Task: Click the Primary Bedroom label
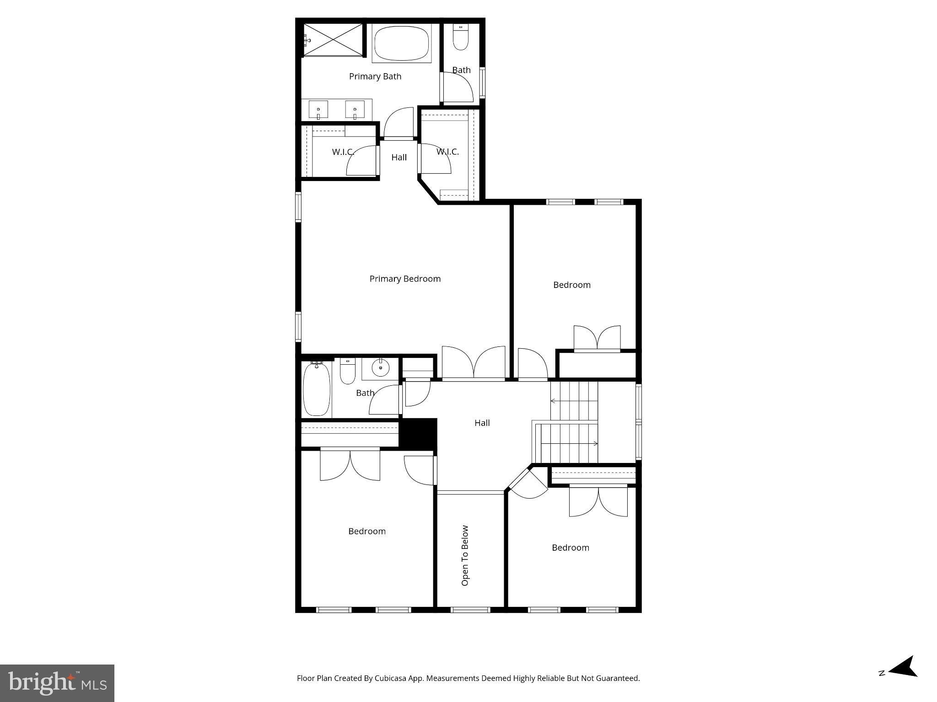coord(405,279)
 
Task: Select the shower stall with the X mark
coord(333,40)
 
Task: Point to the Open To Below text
coord(465,555)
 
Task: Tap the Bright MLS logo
coord(57,683)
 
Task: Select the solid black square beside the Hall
coord(418,433)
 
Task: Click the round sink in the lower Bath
coord(380,367)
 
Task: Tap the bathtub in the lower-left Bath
coord(317,389)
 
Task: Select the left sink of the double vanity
coord(318,110)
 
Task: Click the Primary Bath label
coord(375,76)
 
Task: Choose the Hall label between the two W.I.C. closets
coord(399,157)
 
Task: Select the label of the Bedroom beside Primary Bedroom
coord(572,285)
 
